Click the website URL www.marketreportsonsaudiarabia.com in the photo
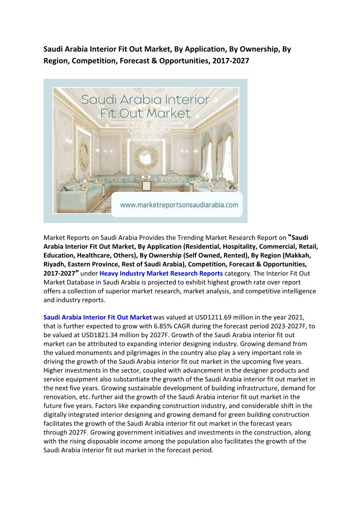179,205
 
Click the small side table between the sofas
146,184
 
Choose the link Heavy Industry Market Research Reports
161,273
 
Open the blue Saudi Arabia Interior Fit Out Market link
97,317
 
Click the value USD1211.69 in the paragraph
197,317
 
